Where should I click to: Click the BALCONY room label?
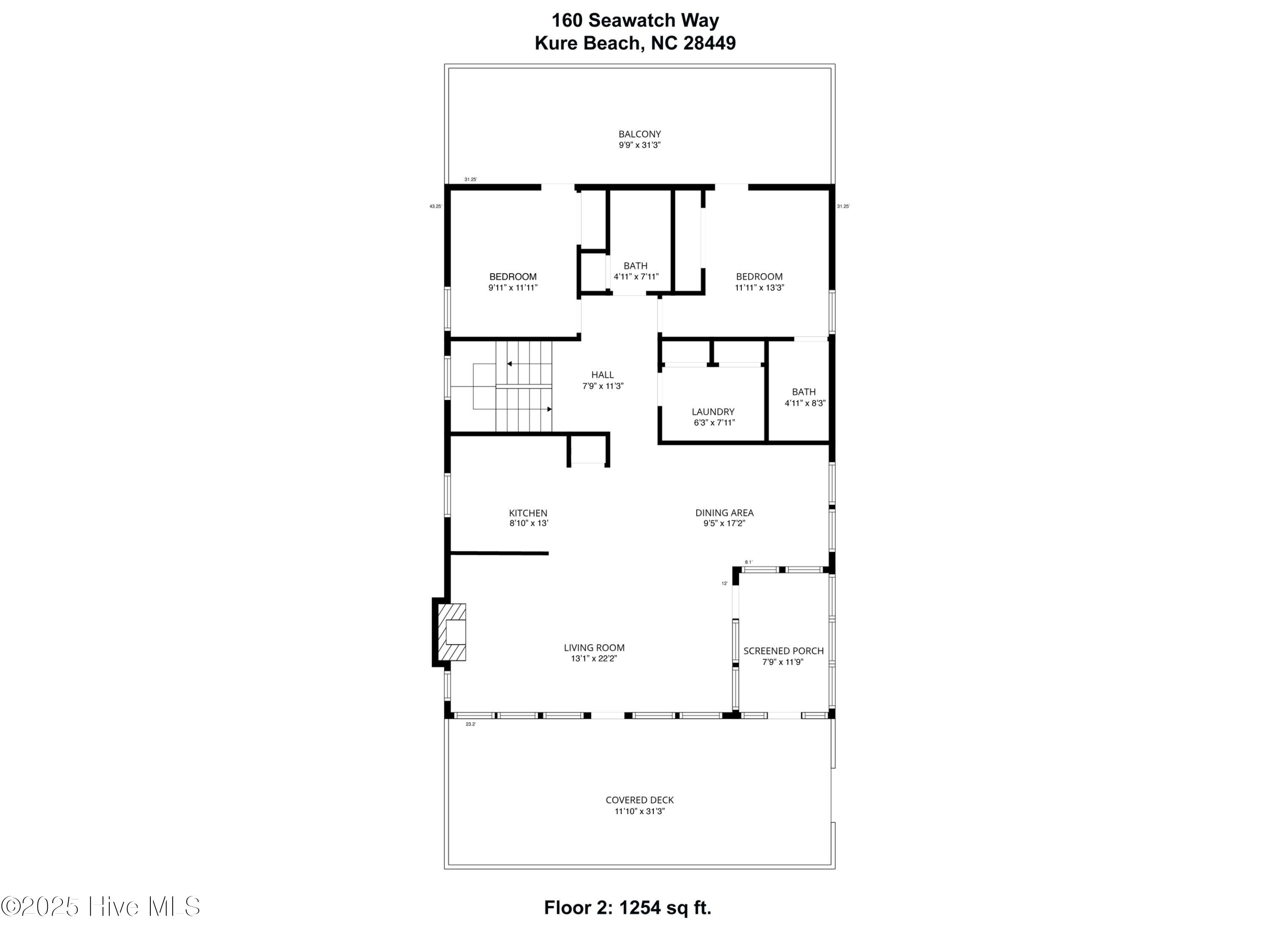[x=639, y=134]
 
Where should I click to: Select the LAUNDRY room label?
[x=712, y=412]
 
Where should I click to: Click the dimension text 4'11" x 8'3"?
[x=804, y=403]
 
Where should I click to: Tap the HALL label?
[x=603, y=375]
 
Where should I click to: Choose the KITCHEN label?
[x=528, y=513]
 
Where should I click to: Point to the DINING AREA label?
[x=724, y=513]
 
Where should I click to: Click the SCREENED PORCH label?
[x=783, y=651]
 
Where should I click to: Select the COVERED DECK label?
[x=639, y=800]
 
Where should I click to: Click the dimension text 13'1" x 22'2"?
[x=594, y=659]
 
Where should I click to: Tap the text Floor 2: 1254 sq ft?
[x=627, y=908]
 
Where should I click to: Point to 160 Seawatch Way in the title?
[x=635, y=21]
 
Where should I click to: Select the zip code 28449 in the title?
[x=709, y=43]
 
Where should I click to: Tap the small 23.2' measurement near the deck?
[x=470, y=725]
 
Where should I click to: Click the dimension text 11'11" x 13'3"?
[x=759, y=288]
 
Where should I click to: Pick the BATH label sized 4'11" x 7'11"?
[x=635, y=266]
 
